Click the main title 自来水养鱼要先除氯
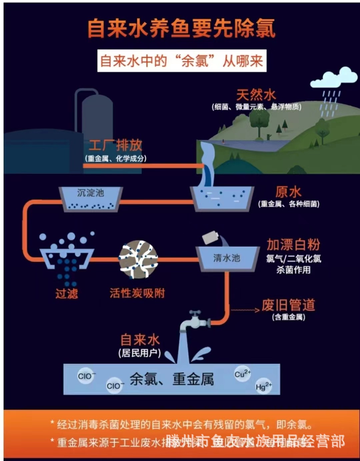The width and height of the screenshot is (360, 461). pyautogui.click(x=181, y=28)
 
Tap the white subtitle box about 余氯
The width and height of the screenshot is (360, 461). pyautogui.click(x=182, y=61)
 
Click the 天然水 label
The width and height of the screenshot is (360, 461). pyautogui.click(x=256, y=95)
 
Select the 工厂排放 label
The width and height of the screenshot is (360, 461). pyautogui.click(x=115, y=145)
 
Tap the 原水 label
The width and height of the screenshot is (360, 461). pyautogui.click(x=288, y=192)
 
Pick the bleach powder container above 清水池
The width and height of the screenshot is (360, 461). pyautogui.click(x=211, y=238)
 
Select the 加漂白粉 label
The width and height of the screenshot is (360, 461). pyautogui.click(x=293, y=245)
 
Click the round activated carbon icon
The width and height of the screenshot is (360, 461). pyautogui.click(x=138, y=259)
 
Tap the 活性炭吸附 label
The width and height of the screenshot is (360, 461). pyautogui.click(x=137, y=293)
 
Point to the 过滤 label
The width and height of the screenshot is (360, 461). pyautogui.click(x=67, y=294)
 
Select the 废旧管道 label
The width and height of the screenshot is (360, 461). pyautogui.click(x=288, y=305)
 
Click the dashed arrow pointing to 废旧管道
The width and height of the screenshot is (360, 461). pyautogui.click(x=245, y=310)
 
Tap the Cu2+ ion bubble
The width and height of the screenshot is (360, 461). pyautogui.click(x=242, y=374)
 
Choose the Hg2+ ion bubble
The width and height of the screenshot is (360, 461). pyautogui.click(x=263, y=387)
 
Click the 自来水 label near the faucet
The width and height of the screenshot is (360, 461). pyautogui.click(x=140, y=340)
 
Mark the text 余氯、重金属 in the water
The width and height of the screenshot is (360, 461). pyautogui.click(x=172, y=380)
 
